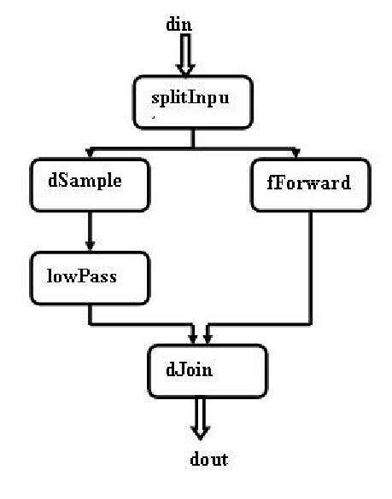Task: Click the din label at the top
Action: pyautogui.click(x=178, y=24)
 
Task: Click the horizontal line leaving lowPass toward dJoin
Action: pyautogui.click(x=141, y=325)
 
